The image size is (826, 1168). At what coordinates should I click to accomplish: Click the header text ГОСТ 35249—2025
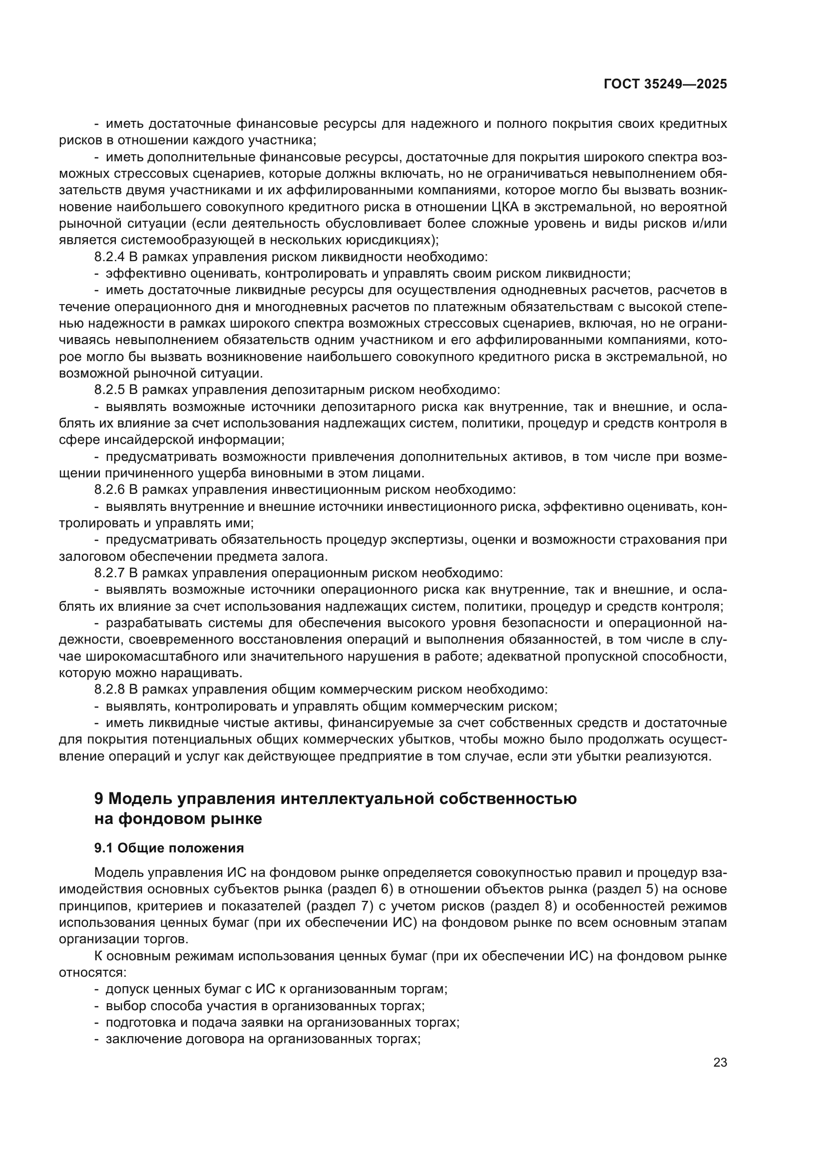[x=665, y=84]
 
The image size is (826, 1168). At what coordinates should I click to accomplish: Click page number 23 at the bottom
[x=720, y=1063]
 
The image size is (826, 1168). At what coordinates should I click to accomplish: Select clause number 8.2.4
[x=109, y=257]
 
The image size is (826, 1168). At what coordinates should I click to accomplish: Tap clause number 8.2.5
[x=109, y=390]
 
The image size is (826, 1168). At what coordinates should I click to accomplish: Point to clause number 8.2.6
[x=109, y=490]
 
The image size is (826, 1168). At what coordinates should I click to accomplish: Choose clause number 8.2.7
[x=109, y=573]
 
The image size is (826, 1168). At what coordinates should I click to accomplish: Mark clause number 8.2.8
[x=109, y=690]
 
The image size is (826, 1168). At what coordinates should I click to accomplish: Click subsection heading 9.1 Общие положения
[x=169, y=848]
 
